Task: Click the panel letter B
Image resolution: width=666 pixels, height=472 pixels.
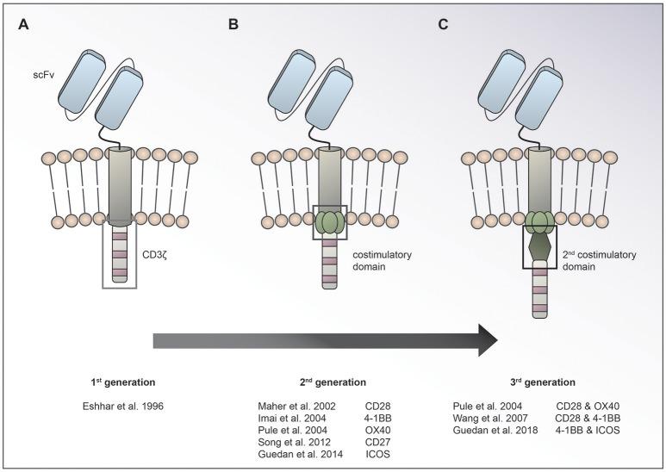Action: (x=233, y=24)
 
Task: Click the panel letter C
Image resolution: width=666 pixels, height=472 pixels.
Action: (x=443, y=24)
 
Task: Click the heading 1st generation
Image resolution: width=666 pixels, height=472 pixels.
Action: (x=114, y=381)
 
